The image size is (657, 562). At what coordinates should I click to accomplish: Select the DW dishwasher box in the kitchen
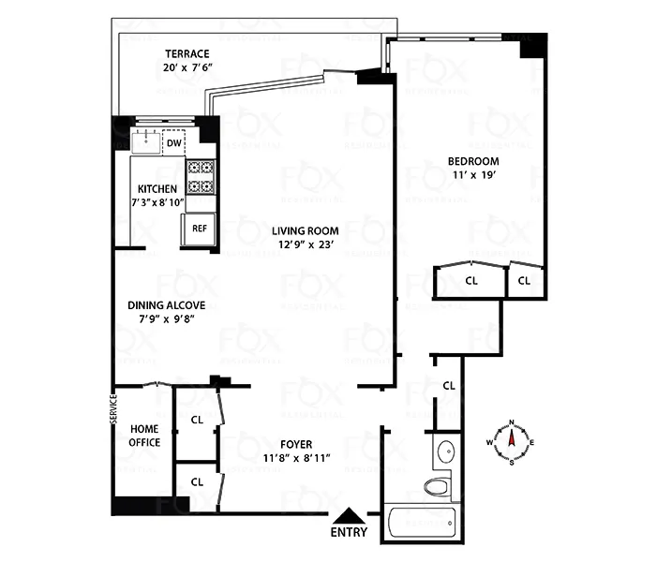coord(174,142)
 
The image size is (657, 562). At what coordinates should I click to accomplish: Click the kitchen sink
coord(146,142)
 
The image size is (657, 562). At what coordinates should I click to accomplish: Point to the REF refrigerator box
coord(199,228)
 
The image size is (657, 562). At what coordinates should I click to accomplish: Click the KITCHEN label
coord(157,188)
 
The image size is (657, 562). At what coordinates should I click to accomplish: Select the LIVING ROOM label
coord(306,230)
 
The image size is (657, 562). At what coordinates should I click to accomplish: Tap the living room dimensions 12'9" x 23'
coord(306,245)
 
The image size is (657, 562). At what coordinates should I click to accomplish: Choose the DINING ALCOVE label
coord(166,304)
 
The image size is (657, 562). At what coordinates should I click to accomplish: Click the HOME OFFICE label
coord(144,436)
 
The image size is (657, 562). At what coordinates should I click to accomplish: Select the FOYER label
coord(296,444)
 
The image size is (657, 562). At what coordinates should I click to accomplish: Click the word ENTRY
coord(350,532)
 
